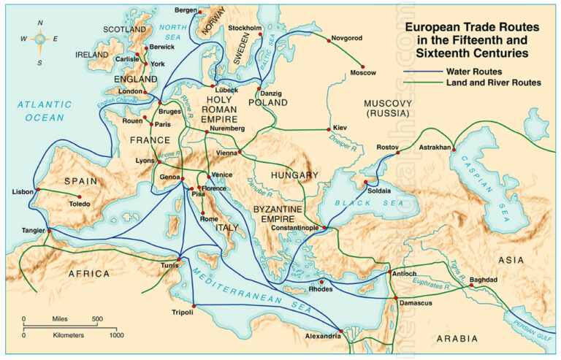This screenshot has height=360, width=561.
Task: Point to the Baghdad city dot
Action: pos(472,286)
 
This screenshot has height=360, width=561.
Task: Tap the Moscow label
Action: pos(363,73)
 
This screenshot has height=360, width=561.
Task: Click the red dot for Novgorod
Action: pos(328,42)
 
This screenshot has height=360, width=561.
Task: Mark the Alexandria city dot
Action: pos(339,329)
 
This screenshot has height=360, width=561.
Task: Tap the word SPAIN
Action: pos(81,180)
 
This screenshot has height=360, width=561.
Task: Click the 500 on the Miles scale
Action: pos(97,319)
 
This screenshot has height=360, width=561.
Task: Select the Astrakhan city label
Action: pos(435,148)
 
